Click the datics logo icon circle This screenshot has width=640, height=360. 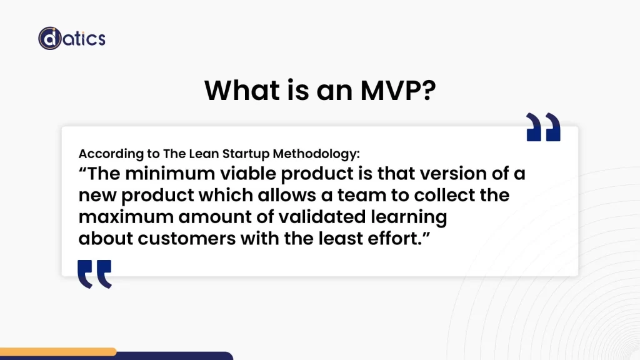[50, 38]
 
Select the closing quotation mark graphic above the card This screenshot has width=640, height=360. [543, 127]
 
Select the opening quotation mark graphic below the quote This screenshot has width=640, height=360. [95, 274]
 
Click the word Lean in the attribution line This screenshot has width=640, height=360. [212, 154]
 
